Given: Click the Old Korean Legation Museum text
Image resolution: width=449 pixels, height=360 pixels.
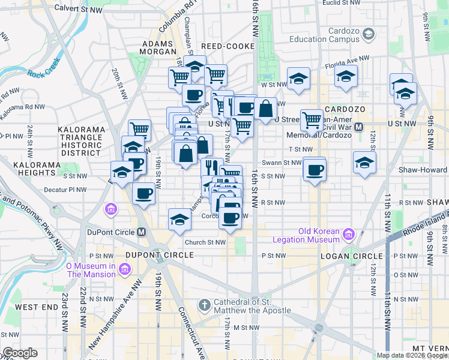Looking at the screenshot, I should [319, 235].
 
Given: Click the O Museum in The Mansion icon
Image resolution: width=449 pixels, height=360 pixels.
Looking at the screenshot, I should [124, 270].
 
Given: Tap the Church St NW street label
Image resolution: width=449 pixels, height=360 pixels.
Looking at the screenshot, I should [205, 242].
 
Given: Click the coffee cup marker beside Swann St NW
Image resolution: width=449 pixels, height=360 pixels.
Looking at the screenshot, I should [315, 170].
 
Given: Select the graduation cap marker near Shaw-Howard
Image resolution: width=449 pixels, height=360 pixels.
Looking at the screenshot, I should [364, 162].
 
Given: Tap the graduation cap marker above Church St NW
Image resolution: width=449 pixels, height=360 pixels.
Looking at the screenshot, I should [179, 220].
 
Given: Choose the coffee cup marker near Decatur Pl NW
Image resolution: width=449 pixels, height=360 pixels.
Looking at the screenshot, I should [143, 193].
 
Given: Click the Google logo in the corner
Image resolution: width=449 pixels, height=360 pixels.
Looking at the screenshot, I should [20, 353].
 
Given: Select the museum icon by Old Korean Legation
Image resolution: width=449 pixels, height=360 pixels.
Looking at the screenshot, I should [350, 233].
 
